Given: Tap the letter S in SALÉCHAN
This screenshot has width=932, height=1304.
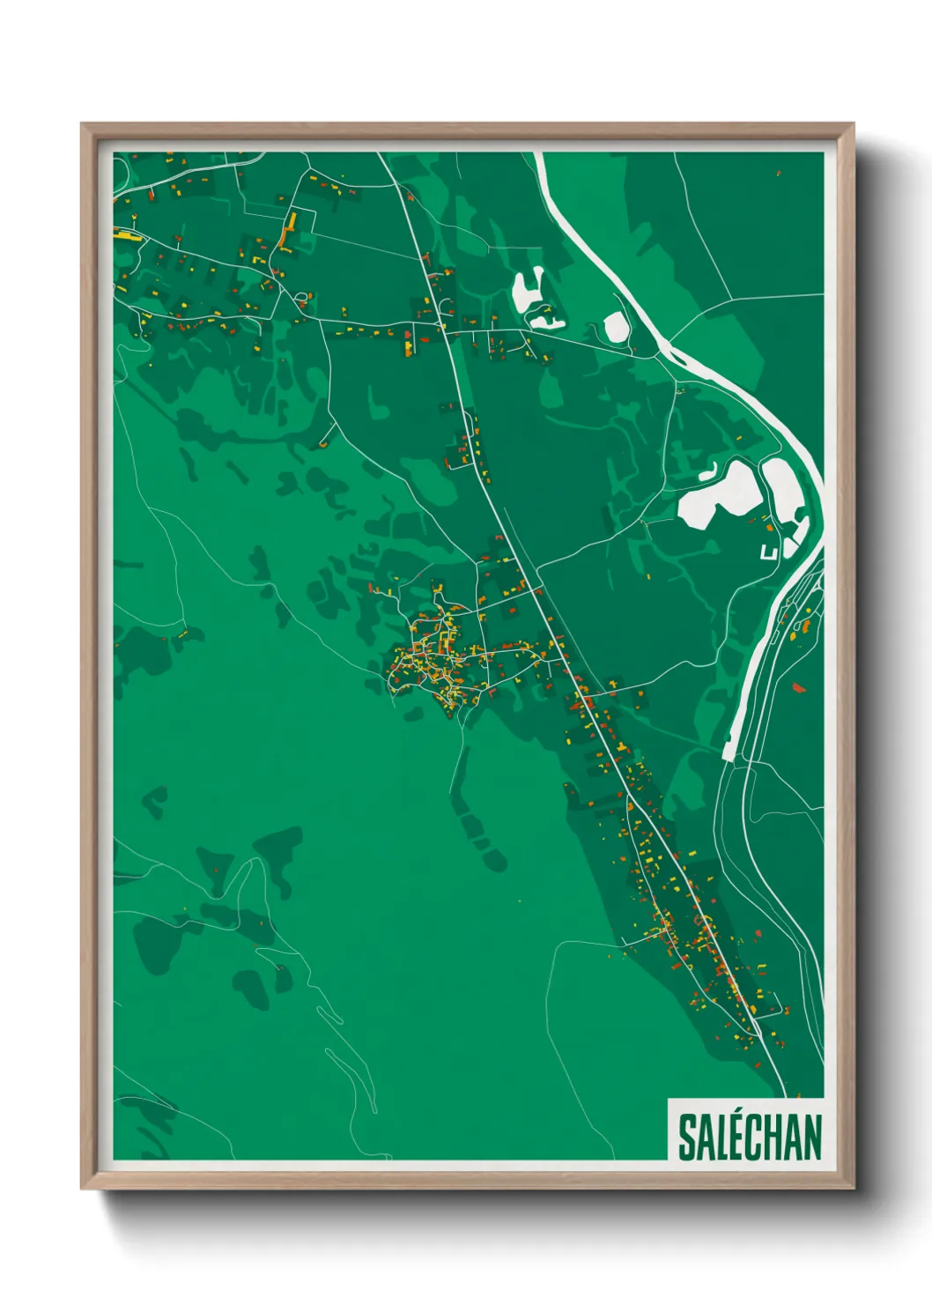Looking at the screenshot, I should click(685, 1137).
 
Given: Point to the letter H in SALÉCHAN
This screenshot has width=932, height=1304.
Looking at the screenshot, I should click(779, 1137).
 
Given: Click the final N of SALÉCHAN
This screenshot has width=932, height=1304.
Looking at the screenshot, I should click(813, 1137).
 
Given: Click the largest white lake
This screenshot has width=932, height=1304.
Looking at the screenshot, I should click(714, 496).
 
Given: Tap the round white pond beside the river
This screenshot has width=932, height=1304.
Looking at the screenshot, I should click(616, 327).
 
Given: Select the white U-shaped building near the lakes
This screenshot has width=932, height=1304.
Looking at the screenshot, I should click(768, 552).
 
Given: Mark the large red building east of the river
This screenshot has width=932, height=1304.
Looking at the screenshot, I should click(799, 686).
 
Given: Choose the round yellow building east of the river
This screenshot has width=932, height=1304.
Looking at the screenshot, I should click(804, 626).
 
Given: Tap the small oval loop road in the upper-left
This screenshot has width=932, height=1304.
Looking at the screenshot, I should click(302, 297).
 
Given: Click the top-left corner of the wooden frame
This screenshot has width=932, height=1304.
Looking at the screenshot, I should click(83, 125).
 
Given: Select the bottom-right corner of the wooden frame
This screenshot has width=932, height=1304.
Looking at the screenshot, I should click(852, 1188).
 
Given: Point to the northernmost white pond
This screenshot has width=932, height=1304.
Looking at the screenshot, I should click(528, 286).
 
